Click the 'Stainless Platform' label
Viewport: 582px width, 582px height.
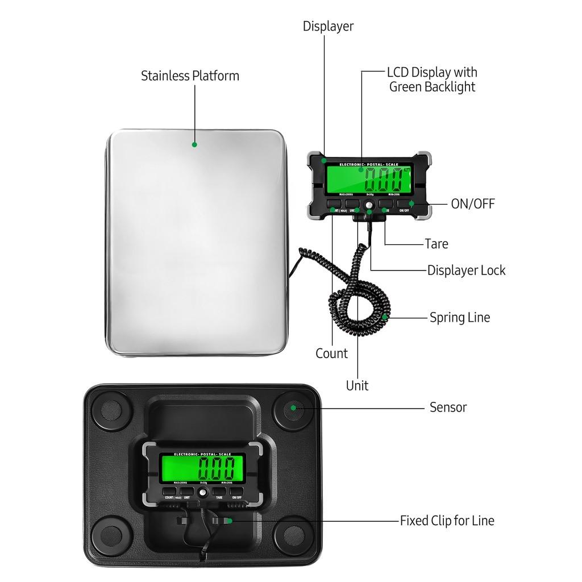click(x=190, y=76)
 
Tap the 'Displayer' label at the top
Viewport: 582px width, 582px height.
click(x=328, y=26)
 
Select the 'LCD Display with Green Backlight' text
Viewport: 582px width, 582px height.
click(x=432, y=80)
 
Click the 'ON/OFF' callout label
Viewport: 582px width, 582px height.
click(x=472, y=203)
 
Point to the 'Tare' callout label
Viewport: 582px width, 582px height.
click(x=436, y=244)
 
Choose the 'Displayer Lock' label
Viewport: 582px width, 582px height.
click(x=466, y=270)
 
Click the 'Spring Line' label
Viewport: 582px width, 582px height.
click(x=459, y=317)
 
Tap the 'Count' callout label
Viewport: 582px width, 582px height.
click(x=331, y=354)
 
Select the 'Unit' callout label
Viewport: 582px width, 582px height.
click(x=357, y=385)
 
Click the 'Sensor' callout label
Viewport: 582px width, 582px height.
click(x=448, y=407)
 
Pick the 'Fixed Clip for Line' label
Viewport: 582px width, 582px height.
click(x=447, y=520)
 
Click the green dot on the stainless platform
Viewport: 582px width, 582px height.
click(x=194, y=144)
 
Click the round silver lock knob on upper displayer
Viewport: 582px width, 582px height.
click(x=369, y=203)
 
